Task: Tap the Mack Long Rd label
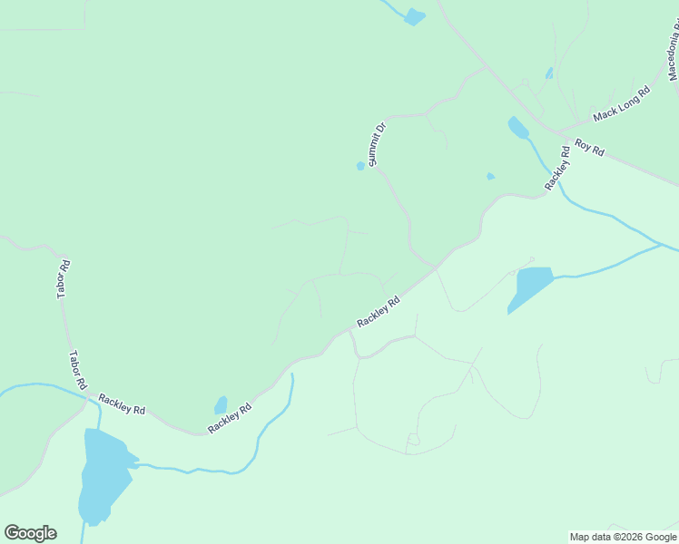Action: coord(622,104)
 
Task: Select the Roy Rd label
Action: coord(589,148)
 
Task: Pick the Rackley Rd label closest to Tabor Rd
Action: coord(122,404)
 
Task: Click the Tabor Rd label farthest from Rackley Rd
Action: coord(63,279)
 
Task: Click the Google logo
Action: coord(30,533)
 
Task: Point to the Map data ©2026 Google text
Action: coord(624,537)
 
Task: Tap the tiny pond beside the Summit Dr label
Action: coord(360,166)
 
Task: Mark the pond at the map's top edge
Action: coord(414,16)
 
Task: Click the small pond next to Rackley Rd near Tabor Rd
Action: coord(221,404)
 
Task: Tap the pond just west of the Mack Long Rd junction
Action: coord(518,128)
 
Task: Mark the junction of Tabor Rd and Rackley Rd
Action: coord(89,394)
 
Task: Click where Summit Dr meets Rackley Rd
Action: coord(436,267)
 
